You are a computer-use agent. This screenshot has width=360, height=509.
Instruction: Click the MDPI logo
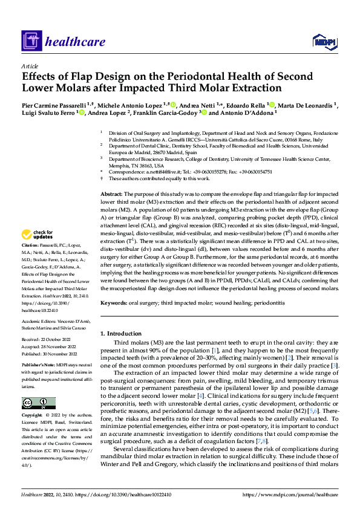(x=324, y=41)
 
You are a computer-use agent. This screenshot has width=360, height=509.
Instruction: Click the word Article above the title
(x=29, y=66)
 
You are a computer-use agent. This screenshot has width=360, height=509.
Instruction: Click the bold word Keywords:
(x=115, y=302)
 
